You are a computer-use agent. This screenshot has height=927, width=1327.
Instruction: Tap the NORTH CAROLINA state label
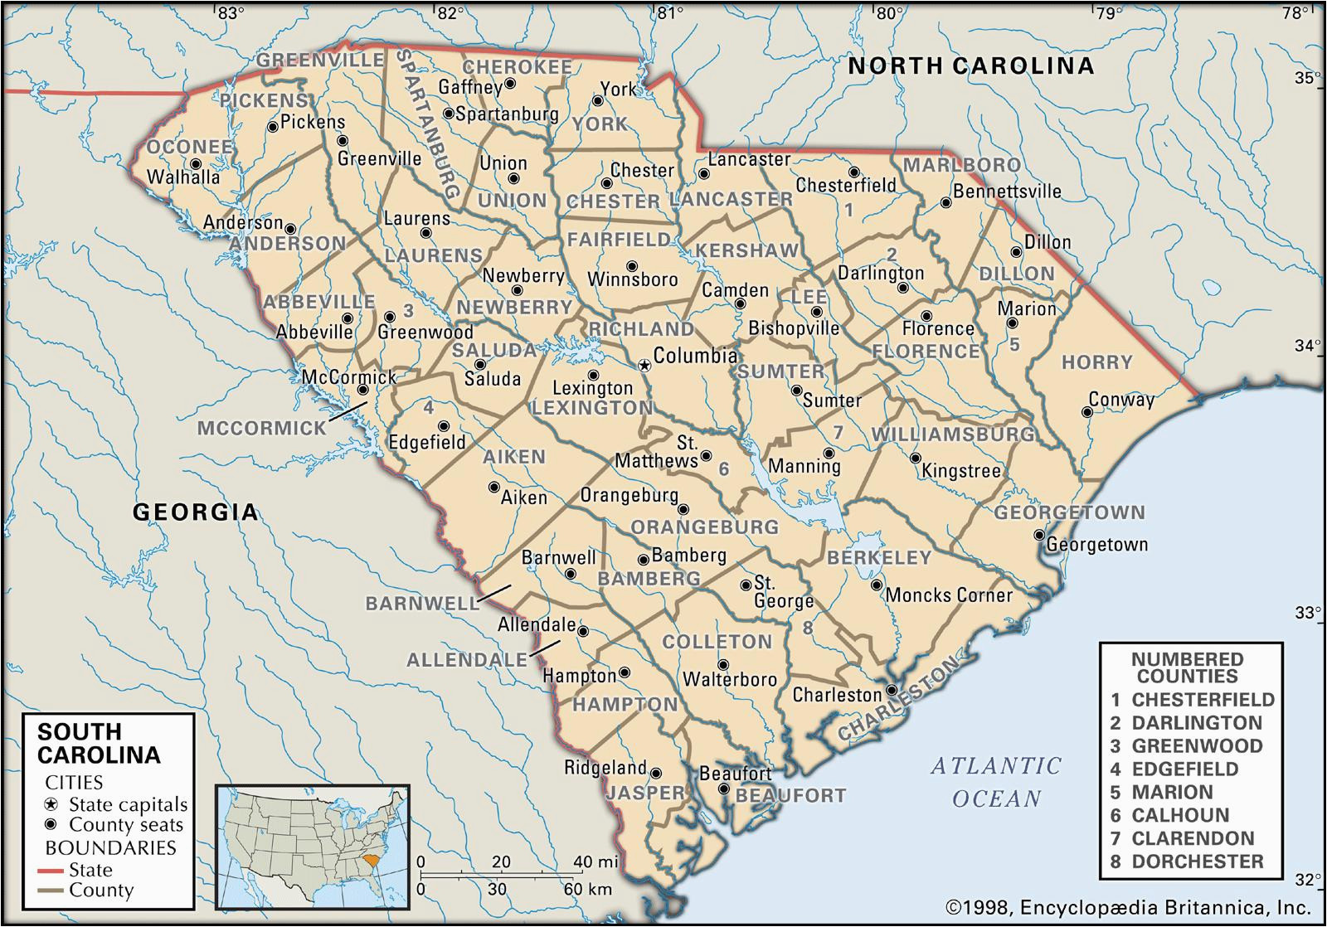(970, 66)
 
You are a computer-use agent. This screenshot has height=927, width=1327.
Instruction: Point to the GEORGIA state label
(196, 512)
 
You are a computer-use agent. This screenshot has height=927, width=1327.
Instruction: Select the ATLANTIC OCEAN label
(995, 782)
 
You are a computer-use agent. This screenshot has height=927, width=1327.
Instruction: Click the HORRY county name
(1096, 362)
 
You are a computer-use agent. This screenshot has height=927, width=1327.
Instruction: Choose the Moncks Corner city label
(949, 595)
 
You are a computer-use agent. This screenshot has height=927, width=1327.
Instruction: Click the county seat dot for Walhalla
(196, 164)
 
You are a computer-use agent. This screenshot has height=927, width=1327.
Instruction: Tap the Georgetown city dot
(1038, 535)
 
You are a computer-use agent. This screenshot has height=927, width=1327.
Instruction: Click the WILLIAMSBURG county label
(952, 434)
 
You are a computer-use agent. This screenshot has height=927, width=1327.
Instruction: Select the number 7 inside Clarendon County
(838, 432)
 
